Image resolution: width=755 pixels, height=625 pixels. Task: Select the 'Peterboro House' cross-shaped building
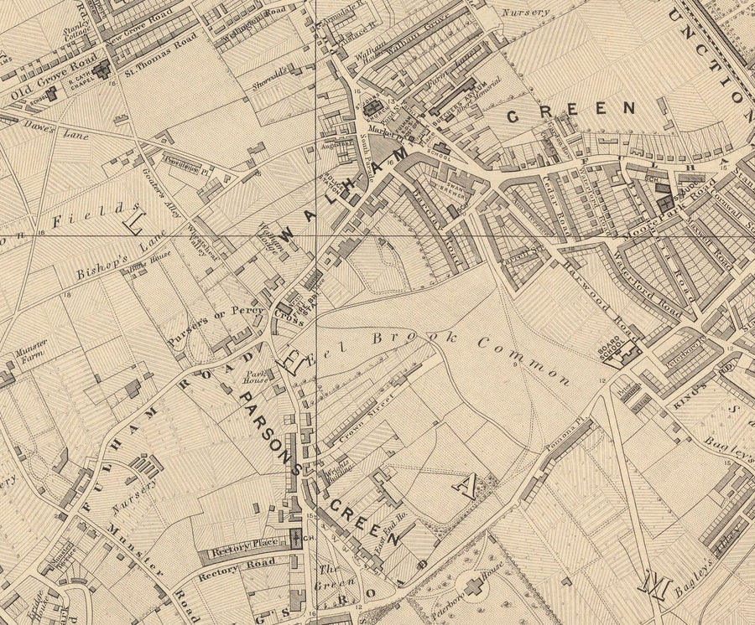[476, 586]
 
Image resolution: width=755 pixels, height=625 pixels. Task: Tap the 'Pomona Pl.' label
[563, 431]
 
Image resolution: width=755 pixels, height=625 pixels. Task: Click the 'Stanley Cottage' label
[78, 37]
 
